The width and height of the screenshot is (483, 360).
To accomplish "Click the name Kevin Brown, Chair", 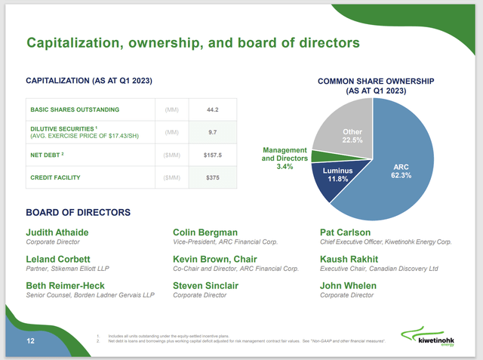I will [x=214, y=259].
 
